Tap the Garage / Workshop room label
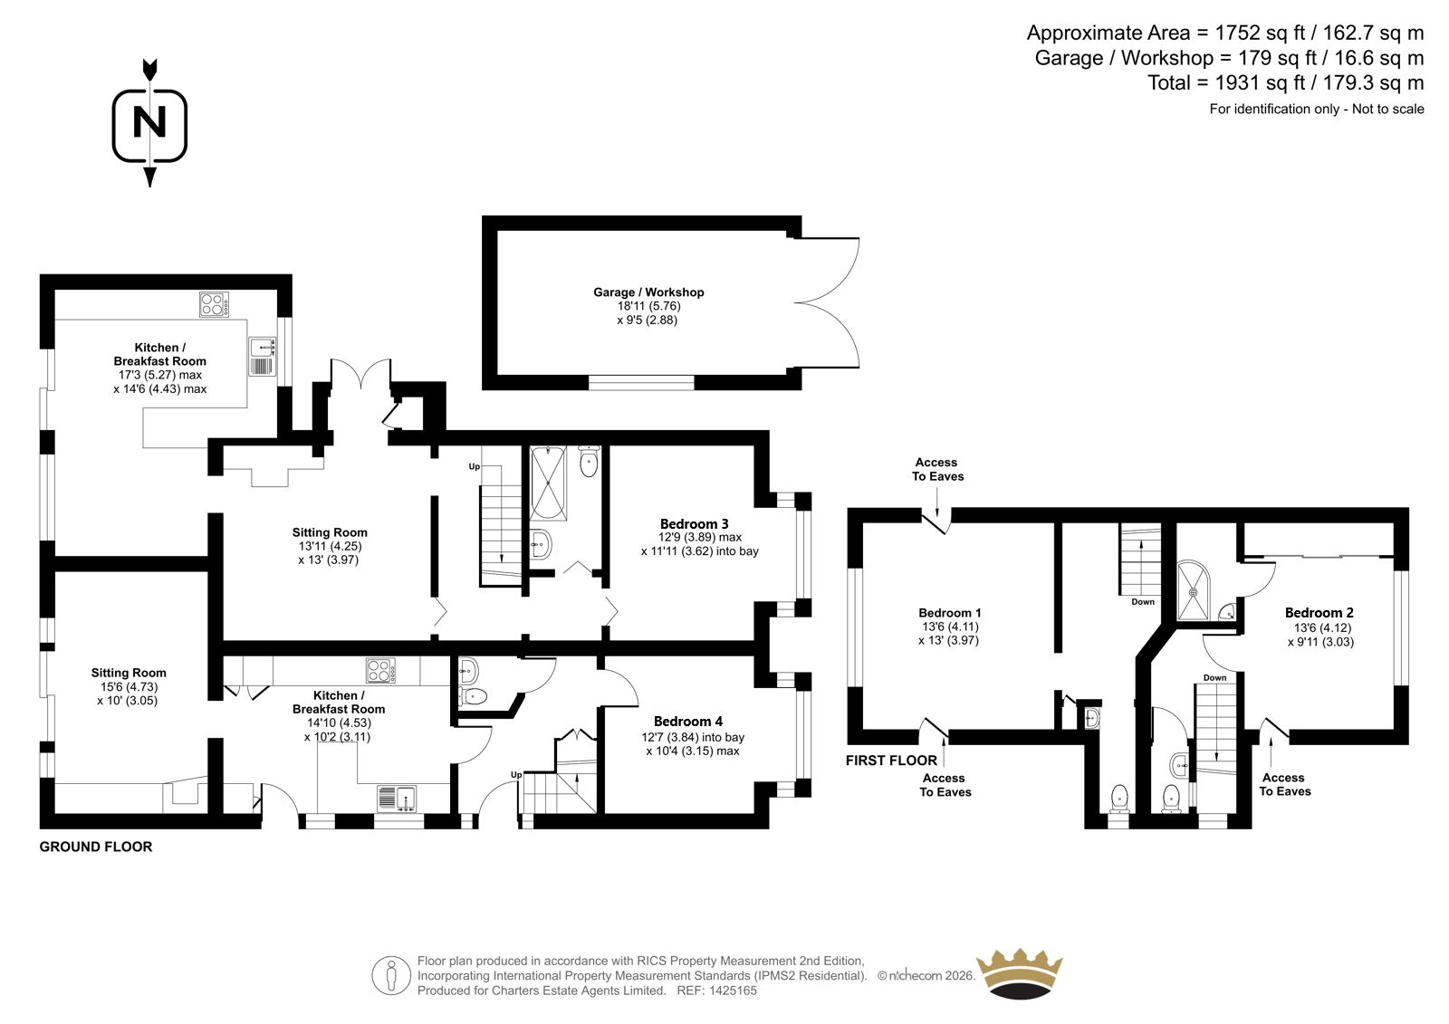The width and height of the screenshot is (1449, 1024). pos(648,292)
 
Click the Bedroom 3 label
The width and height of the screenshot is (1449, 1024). pos(694,523)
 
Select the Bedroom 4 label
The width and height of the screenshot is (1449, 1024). pos(688,722)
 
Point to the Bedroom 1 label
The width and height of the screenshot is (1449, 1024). pos(950,613)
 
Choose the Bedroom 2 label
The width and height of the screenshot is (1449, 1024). pos(1319,613)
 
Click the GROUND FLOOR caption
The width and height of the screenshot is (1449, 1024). pos(96,847)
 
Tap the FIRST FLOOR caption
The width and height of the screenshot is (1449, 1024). pos(891,761)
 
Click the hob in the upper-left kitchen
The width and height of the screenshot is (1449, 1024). pos(214,304)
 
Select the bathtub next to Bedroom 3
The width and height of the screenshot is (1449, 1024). pos(548,483)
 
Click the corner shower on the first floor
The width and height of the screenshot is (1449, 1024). pos(1193,590)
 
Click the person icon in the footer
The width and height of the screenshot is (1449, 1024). pos(390,975)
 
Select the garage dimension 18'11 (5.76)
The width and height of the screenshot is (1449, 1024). pos(648,306)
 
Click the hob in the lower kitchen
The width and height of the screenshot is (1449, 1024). pos(381,670)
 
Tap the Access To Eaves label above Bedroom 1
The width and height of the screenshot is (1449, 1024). pos(937,470)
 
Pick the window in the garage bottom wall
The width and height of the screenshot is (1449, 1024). pos(641,382)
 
